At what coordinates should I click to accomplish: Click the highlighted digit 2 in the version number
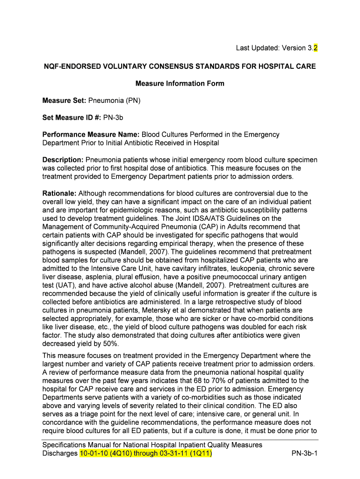(316, 48)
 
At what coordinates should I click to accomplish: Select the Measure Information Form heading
(180, 84)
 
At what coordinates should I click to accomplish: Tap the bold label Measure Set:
(61, 101)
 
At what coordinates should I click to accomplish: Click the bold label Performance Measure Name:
(91, 135)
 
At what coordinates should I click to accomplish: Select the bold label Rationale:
(60, 193)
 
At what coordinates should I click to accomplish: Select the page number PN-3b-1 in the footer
(304, 454)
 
